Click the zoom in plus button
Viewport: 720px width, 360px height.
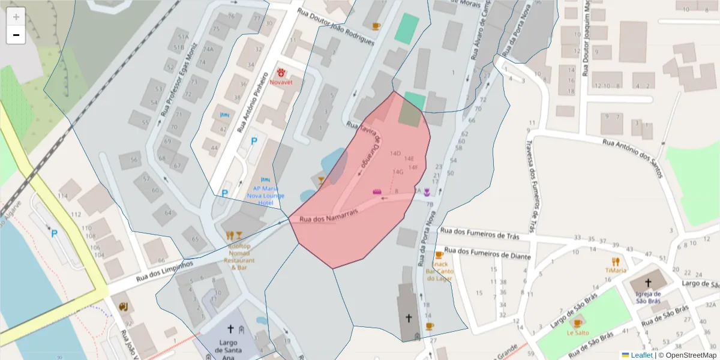[x=16, y=16]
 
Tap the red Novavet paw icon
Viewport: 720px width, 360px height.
[x=281, y=72]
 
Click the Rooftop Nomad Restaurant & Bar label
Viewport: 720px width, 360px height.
[x=239, y=257]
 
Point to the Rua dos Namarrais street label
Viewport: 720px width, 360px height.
[x=329, y=215]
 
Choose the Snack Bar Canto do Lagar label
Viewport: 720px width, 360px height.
[x=439, y=271]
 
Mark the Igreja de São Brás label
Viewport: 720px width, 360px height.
[x=648, y=297]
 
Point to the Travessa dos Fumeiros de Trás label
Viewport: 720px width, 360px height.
[x=530, y=186]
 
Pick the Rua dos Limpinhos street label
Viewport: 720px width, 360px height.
[x=164, y=271]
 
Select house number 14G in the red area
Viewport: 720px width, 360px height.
[x=397, y=172]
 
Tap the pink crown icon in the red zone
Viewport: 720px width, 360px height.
[x=377, y=191]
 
